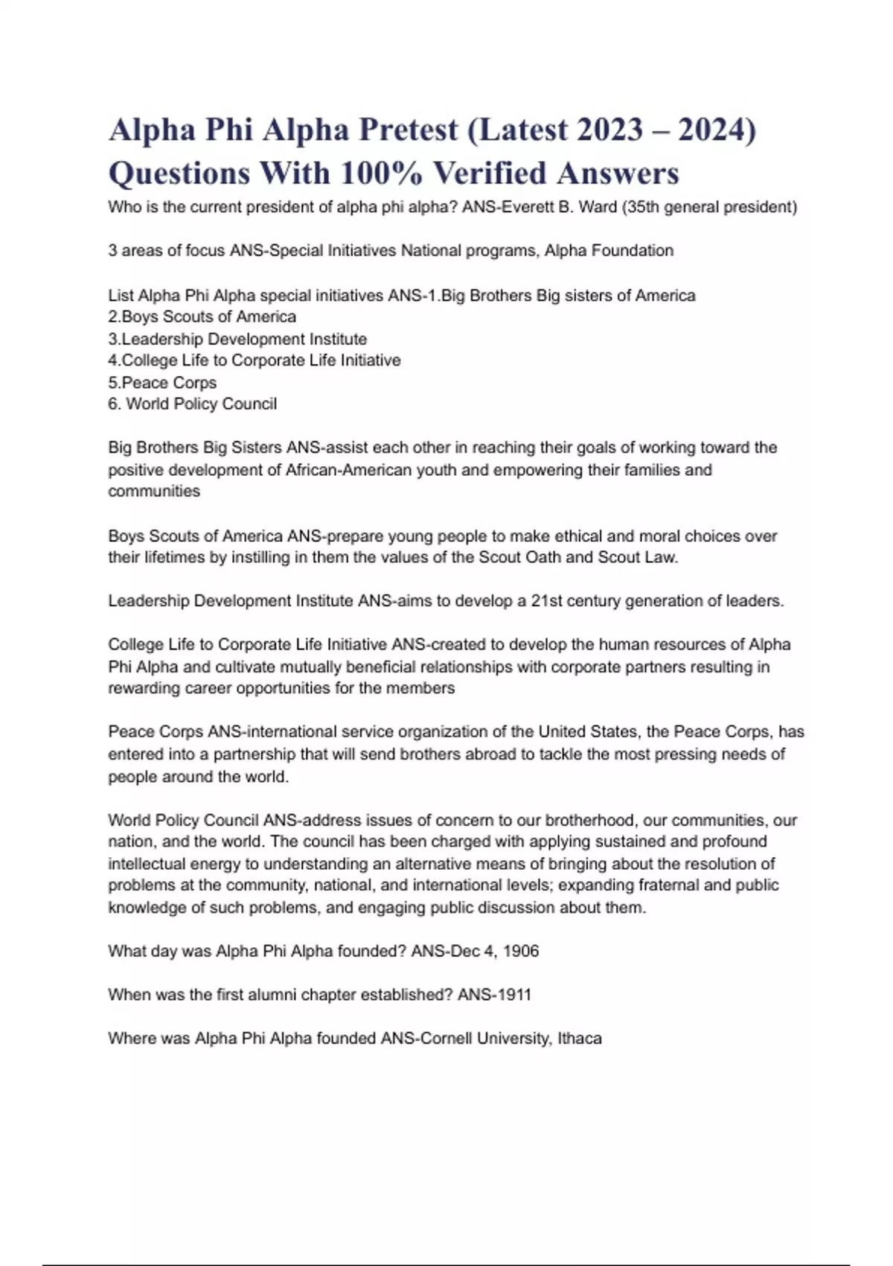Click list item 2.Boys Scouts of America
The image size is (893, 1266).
[202, 316]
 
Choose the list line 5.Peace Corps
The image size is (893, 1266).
[162, 383]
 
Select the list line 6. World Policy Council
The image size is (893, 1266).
[192, 404]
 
